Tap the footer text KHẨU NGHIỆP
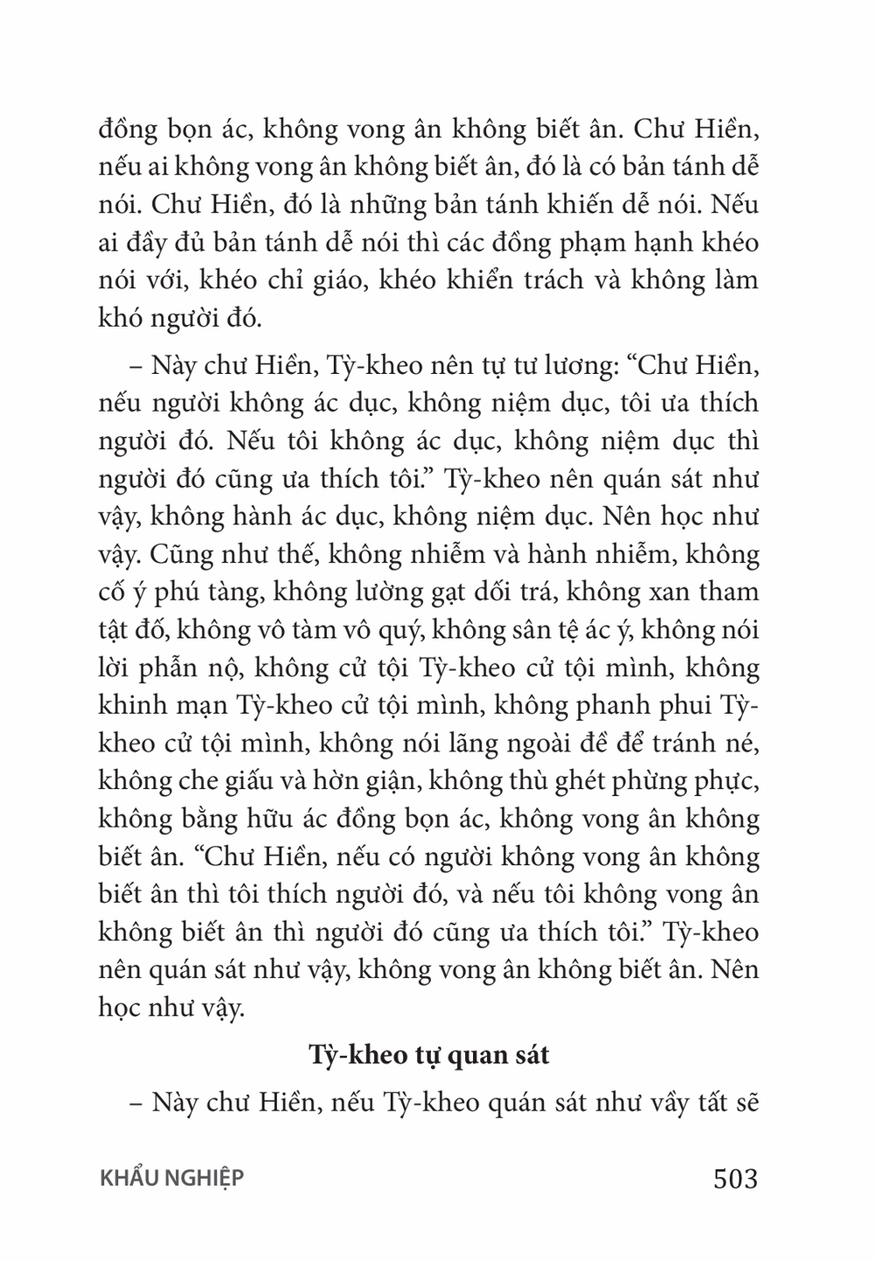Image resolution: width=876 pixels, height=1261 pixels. coord(172,1178)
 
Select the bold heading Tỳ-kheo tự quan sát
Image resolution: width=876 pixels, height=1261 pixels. coord(429,1054)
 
